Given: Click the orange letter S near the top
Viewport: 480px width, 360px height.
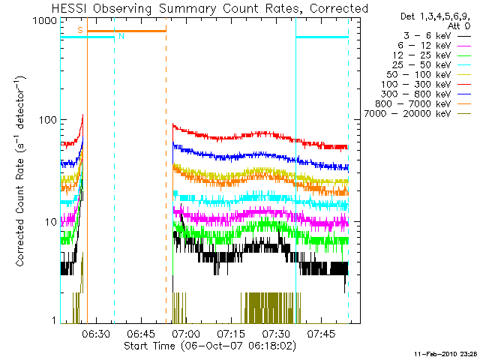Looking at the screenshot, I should click(80, 29).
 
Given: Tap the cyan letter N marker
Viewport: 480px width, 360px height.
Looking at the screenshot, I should click(121, 36).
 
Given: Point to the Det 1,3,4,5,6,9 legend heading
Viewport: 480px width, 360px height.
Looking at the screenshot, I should click(433, 16).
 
